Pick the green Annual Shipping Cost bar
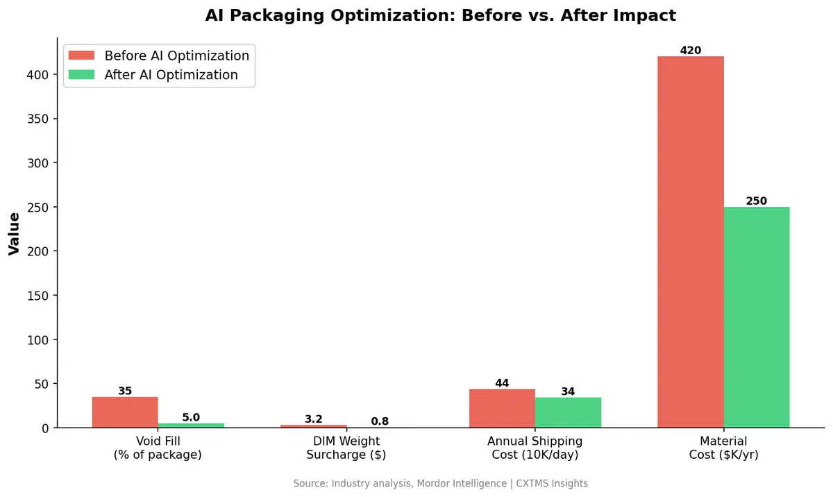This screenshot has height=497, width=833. [568, 413]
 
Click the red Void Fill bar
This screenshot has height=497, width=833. [125, 412]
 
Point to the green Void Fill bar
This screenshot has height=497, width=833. [191, 425]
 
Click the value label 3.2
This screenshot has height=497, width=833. [314, 419]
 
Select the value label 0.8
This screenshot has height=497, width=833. [380, 421]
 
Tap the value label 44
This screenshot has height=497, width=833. [502, 383]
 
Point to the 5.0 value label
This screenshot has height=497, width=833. [191, 417]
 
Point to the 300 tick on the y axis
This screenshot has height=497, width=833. [40, 163]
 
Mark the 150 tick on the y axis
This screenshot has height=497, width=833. [40, 296]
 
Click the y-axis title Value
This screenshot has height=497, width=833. [14, 234]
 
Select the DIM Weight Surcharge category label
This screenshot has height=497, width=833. [346, 448]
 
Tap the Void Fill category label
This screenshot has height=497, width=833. [158, 448]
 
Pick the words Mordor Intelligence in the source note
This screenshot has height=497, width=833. [461, 483]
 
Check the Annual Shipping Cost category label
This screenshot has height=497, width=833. [535, 448]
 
